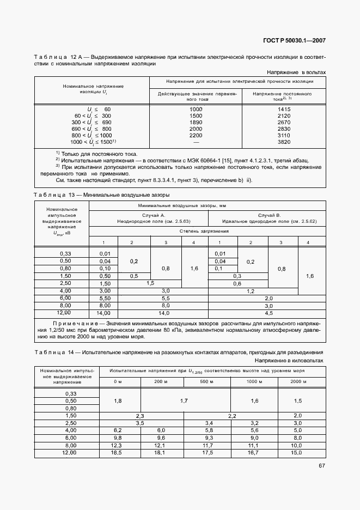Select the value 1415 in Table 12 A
(282, 110)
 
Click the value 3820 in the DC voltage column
(282, 142)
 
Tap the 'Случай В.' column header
(269, 215)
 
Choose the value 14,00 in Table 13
(103, 313)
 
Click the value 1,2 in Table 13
(251, 292)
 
